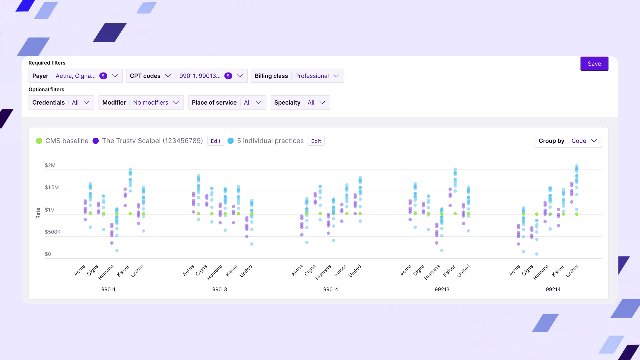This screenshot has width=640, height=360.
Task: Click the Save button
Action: click(x=594, y=64)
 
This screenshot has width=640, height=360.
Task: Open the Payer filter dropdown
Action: click(x=75, y=76)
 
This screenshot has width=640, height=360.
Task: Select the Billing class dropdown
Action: click(x=297, y=76)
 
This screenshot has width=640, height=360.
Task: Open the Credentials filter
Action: click(x=61, y=103)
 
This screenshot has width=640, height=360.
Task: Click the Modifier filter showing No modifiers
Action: click(x=141, y=103)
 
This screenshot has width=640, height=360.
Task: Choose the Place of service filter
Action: click(x=227, y=103)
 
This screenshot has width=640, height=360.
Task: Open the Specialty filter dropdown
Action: click(x=300, y=103)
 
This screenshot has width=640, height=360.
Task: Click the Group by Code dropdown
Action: click(x=568, y=141)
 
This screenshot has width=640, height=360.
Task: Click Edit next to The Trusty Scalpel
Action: click(x=216, y=141)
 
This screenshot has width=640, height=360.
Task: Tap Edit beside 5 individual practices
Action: click(x=316, y=141)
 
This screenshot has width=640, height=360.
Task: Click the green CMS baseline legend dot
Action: click(x=39, y=141)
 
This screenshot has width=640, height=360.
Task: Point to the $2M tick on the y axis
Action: click(x=50, y=165)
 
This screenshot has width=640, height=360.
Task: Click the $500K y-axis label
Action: click(x=53, y=232)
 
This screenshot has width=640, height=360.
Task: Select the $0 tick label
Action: click(x=48, y=254)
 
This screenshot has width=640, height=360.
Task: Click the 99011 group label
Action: click(x=108, y=289)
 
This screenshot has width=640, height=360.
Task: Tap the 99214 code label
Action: click(x=553, y=289)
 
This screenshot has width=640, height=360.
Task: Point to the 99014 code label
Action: click(x=331, y=289)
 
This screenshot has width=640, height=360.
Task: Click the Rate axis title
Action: click(x=38, y=213)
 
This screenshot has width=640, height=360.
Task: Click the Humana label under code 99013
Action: click(x=215, y=272)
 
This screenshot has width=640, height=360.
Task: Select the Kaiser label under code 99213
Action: click(x=449, y=271)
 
